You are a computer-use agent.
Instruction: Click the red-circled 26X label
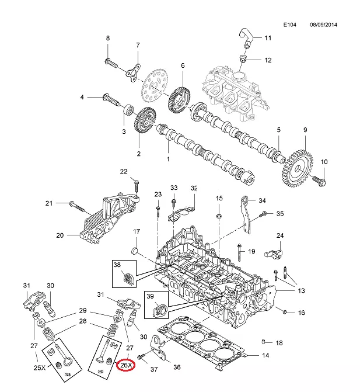[126, 366]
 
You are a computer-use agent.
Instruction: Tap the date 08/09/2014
[324, 25]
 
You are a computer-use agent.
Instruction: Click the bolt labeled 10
[320, 181]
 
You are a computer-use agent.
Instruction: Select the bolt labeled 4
[109, 97]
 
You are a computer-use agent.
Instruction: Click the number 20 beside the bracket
[60, 236]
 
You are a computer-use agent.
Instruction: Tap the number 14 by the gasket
[265, 355]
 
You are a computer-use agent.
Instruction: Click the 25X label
[40, 368]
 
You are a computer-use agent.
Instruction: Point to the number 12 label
[268, 60]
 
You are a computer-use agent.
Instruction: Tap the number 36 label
[177, 367]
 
